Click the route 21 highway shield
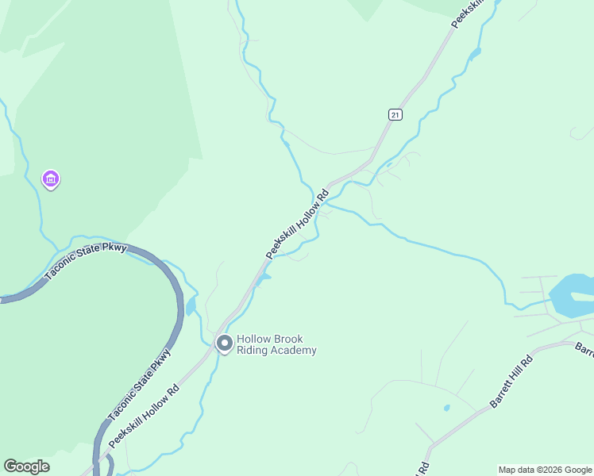pyautogui.click(x=395, y=115)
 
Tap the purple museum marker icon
pyautogui.click(x=51, y=180)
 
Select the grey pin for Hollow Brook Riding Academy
pyautogui.click(x=224, y=344)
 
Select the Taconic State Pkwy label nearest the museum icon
pyautogui.click(x=86, y=263)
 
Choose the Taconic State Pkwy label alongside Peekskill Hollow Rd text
pyautogui.click(x=139, y=385)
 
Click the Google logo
pyautogui.click(x=26, y=466)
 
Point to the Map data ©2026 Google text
pyautogui.click(x=544, y=470)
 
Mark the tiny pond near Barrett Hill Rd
pyautogui.click(x=447, y=408)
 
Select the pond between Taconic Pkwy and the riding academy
pyautogui.click(x=191, y=305)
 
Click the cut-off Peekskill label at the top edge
pyautogui.click(x=467, y=14)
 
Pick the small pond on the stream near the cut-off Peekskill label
pyautogui.click(x=476, y=55)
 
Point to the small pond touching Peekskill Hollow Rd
pyautogui.click(x=264, y=277)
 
